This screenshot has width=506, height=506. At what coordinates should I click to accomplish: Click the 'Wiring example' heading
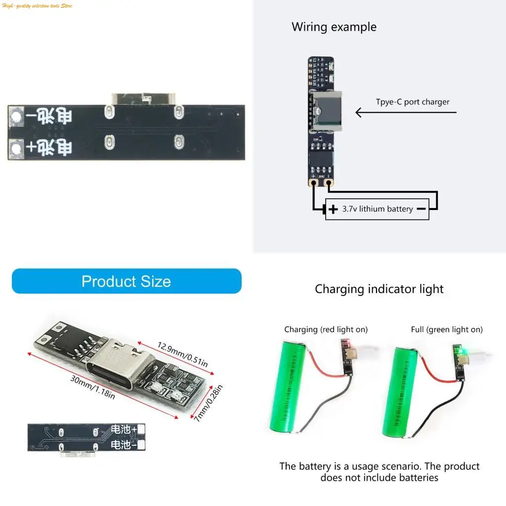pos(334,27)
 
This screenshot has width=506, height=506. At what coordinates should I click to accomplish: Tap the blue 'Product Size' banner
pos(126,281)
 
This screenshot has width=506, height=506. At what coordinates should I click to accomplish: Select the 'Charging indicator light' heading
pos(379,289)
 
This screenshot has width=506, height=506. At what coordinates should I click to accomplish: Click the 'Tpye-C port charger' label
pos(413,102)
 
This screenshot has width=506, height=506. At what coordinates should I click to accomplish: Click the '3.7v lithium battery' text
pos(378,209)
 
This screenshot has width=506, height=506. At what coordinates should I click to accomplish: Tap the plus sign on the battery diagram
pos(334,209)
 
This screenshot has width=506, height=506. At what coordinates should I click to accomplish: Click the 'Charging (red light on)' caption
pos(326,330)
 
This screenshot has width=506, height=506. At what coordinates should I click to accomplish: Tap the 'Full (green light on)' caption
pos(447,330)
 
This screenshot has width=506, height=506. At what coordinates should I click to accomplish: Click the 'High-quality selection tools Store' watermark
pos(38,5)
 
